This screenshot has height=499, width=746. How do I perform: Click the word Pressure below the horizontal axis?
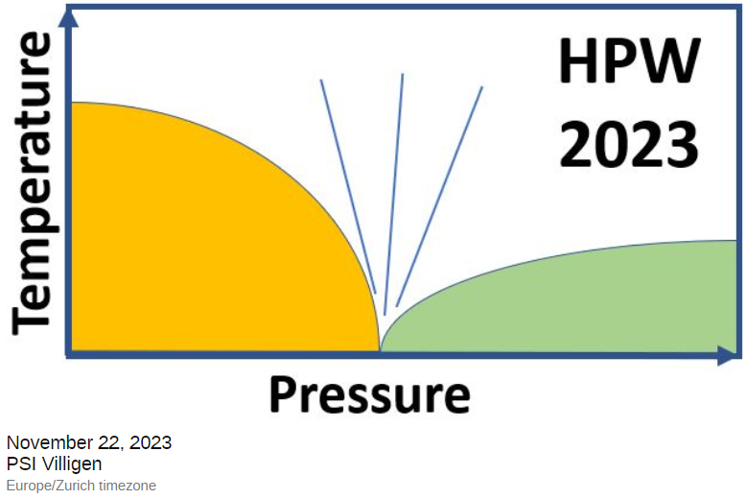pos(369,394)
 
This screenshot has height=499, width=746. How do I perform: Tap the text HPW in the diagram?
pos(627,64)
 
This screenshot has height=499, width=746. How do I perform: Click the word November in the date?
pos(48,443)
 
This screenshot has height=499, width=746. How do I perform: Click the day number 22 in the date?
pos(105,443)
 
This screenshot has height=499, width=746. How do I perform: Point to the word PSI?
pos(21,464)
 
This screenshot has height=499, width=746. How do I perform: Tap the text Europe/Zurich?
pos(49,486)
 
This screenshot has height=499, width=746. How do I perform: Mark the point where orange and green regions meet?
pos(381,350)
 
